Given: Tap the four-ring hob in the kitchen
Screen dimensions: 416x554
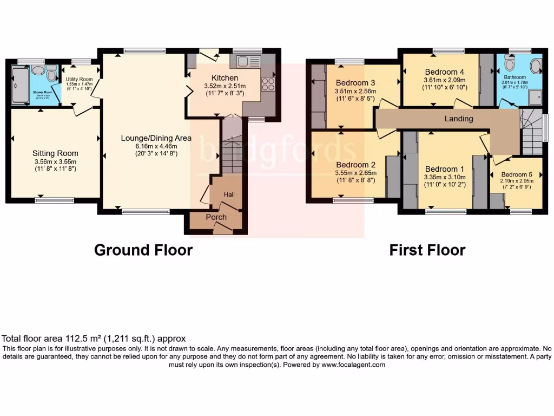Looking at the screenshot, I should (268, 84).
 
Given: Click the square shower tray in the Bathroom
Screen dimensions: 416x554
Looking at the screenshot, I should (535, 96).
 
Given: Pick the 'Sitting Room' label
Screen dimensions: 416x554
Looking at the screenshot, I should (55, 153).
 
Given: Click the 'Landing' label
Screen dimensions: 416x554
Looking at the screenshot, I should (459, 119).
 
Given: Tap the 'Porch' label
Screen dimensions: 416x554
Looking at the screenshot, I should (216, 217).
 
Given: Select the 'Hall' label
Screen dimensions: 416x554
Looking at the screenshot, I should (229, 194).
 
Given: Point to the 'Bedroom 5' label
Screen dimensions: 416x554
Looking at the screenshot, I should (516, 174).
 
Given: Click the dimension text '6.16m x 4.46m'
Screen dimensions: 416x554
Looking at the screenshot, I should (156, 146).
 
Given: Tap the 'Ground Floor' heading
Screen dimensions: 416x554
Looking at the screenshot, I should (143, 250).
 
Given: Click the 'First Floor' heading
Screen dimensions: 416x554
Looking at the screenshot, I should (427, 250).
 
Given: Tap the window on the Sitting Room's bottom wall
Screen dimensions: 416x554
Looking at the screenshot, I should (55, 200).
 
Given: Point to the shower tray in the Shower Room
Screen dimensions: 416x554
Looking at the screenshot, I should (19, 85).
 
